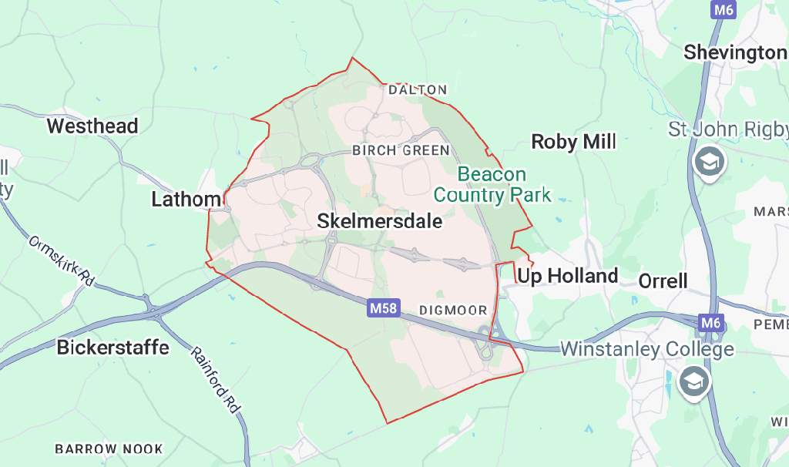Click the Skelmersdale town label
(x=380, y=222)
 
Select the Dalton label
(x=418, y=90)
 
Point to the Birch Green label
(x=400, y=150)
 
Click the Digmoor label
(x=453, y=311)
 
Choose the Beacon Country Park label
(x=492, y=184)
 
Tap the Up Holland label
(x=567, y=276)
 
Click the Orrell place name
(x=663, y=281)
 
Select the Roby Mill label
(x=573, y=142)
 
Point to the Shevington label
(x=734, y=52)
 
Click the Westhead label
(x=92, y=126)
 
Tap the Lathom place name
(x=186, y=200)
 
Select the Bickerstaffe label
(x=112, y=348)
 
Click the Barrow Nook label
(x=109, y=449)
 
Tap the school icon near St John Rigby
(x=707, y=163)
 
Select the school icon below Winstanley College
(x=693, y=381)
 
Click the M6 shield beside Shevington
(x=723, y=10)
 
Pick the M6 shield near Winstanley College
(x=710, y=321)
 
